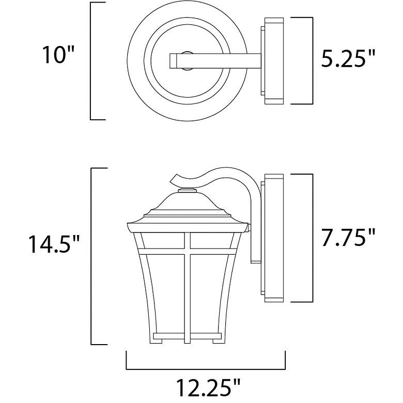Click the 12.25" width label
click(206, 387)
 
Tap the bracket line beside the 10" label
click(91, 61)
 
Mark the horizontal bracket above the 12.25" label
click(206, 368)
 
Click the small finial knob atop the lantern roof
click(187, 192)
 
